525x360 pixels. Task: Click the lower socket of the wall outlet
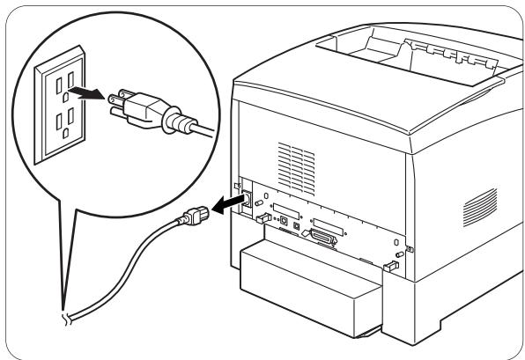[63, 123]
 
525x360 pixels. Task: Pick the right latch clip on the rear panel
[388, 267]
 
